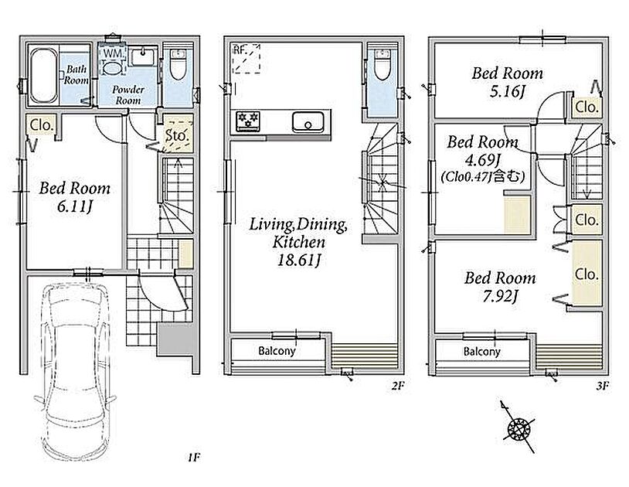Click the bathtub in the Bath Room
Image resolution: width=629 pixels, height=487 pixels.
point(44,76)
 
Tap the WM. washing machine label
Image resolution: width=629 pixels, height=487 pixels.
point(113,53)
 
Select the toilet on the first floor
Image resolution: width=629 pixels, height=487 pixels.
point(178,65)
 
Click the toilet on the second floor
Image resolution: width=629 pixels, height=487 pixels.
point(382,65)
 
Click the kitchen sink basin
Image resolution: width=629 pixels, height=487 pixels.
point(308,122)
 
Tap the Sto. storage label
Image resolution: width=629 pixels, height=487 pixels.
point(177,135)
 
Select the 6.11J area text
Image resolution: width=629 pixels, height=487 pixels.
point(75,207)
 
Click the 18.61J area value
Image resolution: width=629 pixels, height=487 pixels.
point(299,261)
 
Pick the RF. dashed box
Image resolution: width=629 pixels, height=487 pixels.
point(246,59)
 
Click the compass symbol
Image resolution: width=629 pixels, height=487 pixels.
point(518,427)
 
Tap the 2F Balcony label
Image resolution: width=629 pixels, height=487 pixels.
point(277,351)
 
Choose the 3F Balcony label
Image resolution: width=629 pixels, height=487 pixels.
point(481,352)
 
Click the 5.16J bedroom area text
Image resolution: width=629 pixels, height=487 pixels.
point(507,92)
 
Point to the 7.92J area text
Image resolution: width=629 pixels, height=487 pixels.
point(500,298)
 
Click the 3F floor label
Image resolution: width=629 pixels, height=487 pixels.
point(603,386)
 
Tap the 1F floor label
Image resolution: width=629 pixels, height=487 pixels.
point(193,458)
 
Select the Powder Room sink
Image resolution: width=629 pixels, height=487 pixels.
point(144,56)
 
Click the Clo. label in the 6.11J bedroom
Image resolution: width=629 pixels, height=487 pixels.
point(42,125)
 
